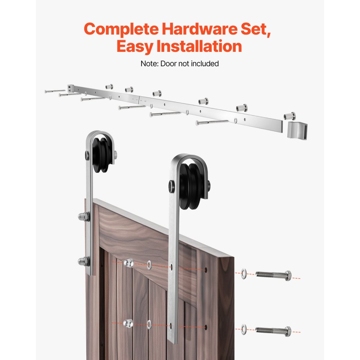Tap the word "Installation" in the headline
click(x=197, y=47)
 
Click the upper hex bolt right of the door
click(x=273, y=275)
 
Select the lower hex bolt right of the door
click(x=273, y=329)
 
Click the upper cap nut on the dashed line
click(x=128, y=264)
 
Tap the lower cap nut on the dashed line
click(x=128, y=323)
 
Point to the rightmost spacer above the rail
click(x=290, y=116)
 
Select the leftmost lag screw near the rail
click(x=55, y=91)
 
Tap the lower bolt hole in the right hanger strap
click(x=172, y=327)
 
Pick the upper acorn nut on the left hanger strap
click(x=83, y=217)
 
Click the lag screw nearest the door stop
click(x=212, y=122)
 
